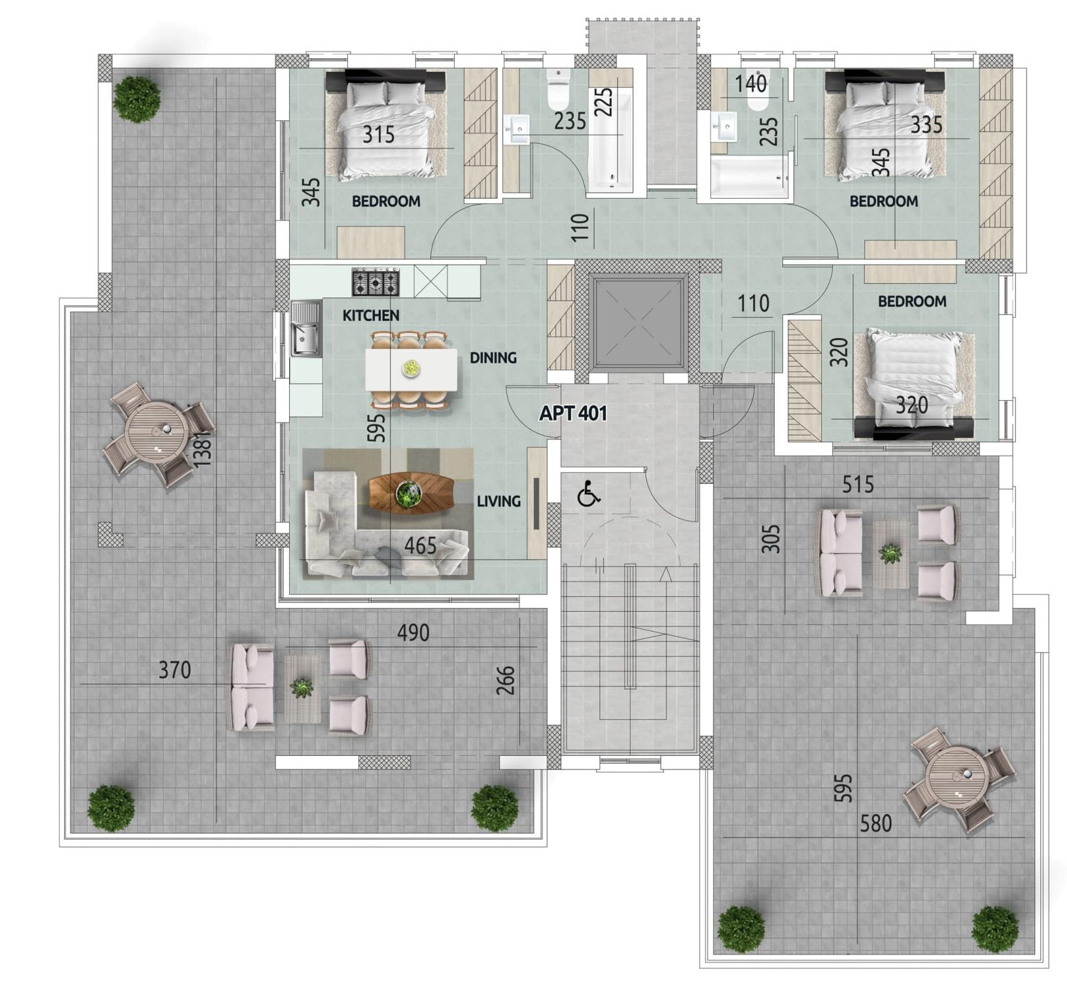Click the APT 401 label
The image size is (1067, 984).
[573, 413]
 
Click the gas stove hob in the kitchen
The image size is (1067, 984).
[376, 282]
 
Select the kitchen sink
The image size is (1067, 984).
[306, 328]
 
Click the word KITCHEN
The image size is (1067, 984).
[371, 315]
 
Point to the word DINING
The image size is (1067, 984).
[493, 358]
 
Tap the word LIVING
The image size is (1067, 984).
[499, 501]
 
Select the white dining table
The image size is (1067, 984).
[411, 370]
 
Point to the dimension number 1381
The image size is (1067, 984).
[203, 448]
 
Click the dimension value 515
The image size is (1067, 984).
[858, 484]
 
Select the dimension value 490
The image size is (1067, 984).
[413, 633]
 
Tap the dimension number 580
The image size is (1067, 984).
[875, 823]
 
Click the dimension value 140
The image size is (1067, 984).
[750, 84]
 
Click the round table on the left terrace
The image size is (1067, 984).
[157, 433]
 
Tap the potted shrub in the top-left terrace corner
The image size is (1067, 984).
[137, 99]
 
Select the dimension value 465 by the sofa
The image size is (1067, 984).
[420, 546]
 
